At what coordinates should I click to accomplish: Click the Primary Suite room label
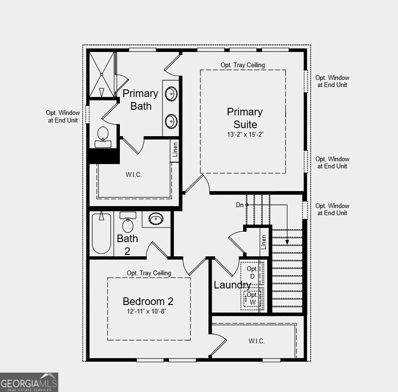click(244, 118)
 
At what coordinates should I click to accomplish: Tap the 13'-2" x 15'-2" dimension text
click(244, 134)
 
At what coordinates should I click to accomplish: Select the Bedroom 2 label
click(148, 302)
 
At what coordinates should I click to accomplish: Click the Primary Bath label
click(140, 100)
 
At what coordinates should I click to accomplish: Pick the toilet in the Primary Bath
click(103, 137)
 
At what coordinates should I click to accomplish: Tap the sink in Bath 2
click(156, 219)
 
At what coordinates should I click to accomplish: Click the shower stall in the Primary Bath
click(102, 75)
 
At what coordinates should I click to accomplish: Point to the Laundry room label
click(232, 285)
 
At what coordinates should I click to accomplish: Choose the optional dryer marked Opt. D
click(252, 273)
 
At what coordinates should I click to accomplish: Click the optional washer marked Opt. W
click(253, 298)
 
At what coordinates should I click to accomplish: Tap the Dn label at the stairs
click(240, 205)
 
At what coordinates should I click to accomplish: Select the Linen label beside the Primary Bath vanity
click(175, 149)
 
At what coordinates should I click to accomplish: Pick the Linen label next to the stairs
click(264, 242)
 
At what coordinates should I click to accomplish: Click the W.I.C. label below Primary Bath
click(134, 175)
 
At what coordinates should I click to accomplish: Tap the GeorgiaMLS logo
click(29, 382)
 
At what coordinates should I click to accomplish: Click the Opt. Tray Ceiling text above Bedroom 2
click(149, 273)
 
